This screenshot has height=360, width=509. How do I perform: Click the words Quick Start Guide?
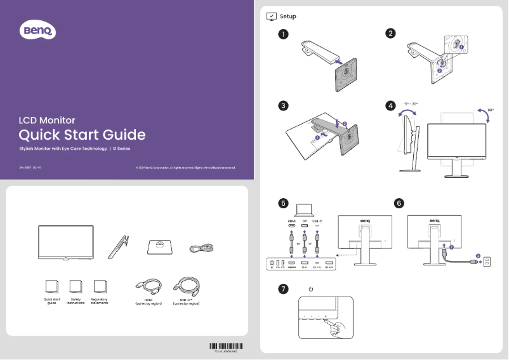click(82, 135)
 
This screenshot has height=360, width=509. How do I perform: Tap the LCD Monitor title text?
click(47, 119)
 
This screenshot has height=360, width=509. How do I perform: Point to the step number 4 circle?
click(391, 105)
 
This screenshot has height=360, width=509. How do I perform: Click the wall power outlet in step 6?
click(487, 260)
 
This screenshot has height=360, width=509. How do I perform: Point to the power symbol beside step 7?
click(310, 289)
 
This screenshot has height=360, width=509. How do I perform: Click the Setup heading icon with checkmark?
click(271, 16)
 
